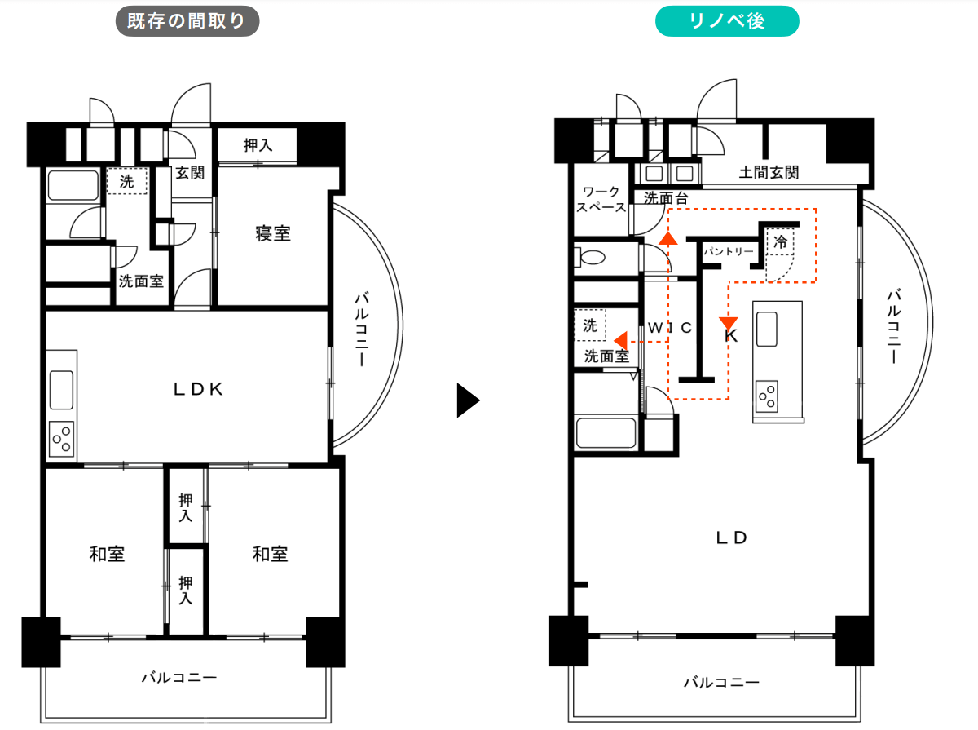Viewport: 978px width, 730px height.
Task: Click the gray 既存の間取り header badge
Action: tap(187, 21)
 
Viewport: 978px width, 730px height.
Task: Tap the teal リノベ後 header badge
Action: tap(727, 21)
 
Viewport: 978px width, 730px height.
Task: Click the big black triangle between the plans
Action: tap(468, 400)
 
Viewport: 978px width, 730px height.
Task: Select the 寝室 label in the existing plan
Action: tap(273, 233)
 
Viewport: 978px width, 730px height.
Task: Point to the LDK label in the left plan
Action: tap(198, 389)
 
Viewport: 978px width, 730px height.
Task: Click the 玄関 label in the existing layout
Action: tap(190, 173)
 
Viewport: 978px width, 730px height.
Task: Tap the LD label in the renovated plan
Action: tap(731, 538)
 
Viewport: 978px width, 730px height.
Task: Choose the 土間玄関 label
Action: tap(769, 172)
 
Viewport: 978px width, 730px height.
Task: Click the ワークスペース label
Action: tap(601, 199)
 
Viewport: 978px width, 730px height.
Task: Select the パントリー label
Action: tap(729, 251)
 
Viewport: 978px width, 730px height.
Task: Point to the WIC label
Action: tap(670, 328)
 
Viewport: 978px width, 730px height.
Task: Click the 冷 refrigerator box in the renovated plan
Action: tap(780, 241)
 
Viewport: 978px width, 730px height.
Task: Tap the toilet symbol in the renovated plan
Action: tap(589, 257)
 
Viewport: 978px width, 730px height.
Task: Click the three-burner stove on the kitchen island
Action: tap(767, 396)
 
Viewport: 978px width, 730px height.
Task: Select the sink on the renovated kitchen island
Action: tap(766, 329)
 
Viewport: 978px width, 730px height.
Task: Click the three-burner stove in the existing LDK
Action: tap(61, 439)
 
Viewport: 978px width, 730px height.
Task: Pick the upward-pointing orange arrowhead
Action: tap(667, 239)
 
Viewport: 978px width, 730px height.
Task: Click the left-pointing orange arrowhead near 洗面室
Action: tap(621, 341)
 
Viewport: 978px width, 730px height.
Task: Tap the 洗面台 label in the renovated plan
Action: tap(666, 198)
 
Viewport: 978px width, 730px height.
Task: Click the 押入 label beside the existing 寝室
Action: tap(258, 145)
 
